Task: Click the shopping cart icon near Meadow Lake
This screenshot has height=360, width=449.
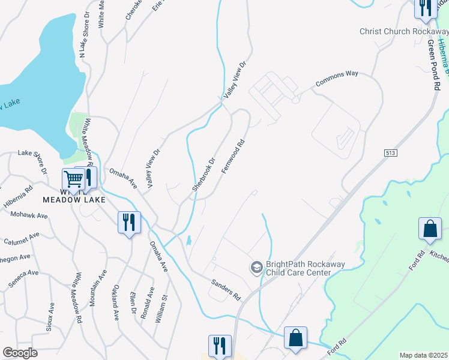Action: click(x=73, y=179)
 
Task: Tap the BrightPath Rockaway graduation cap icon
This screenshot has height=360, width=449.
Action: click(x=256, y=267)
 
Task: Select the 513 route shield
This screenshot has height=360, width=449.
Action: click(x=391, y=154)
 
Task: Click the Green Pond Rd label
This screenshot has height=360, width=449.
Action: click(x=433, y=65)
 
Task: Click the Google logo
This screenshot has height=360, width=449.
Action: click(x=20, y=353)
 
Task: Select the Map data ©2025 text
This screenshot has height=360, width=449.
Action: click(x=423, y=355)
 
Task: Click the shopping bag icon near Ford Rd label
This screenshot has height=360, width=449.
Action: click(x=430, y=228)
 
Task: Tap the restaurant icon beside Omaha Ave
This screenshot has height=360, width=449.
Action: click(x=129, y=222)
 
